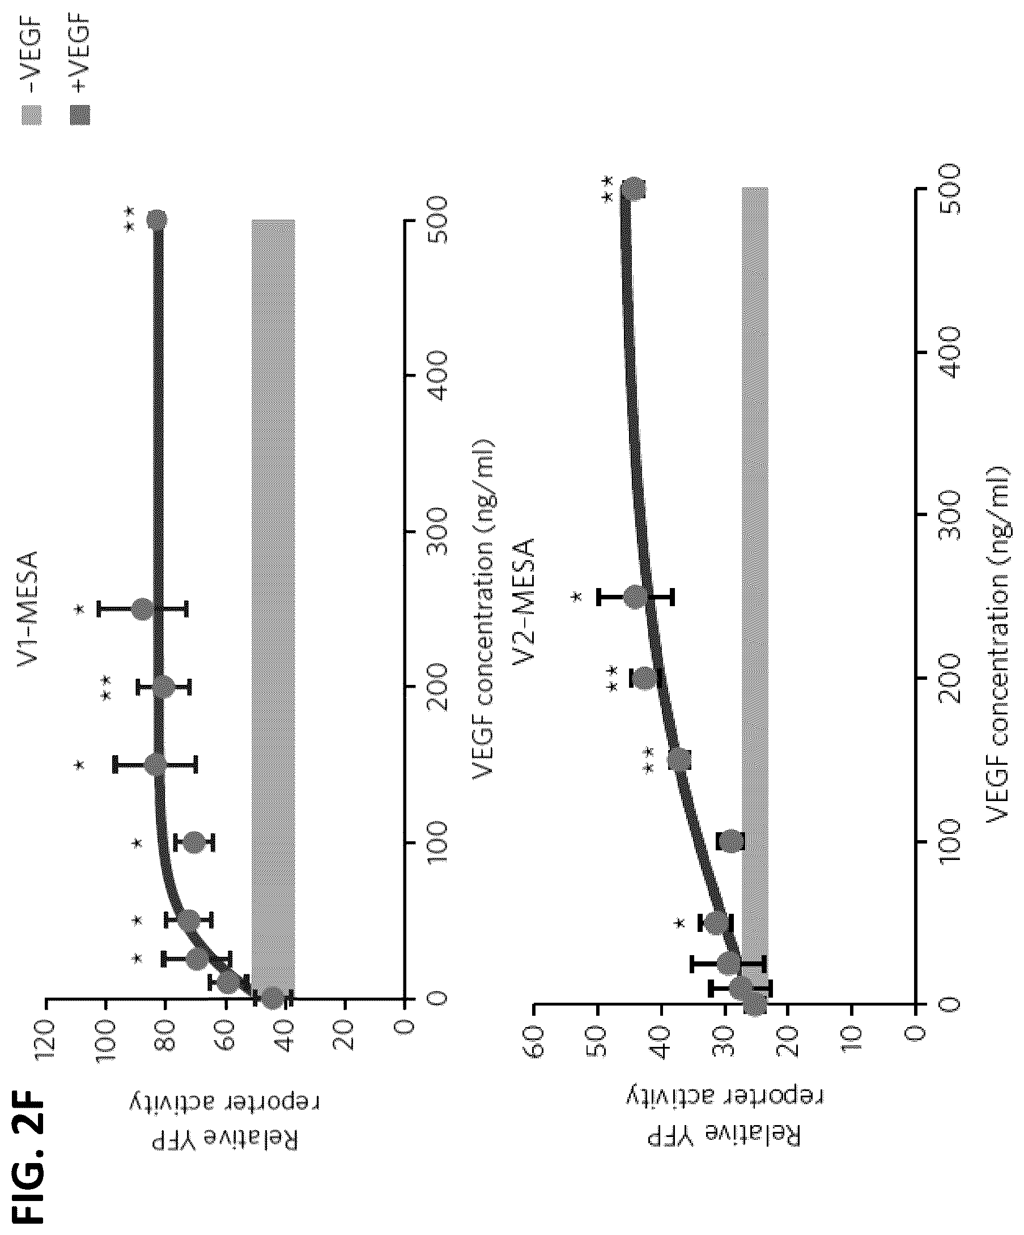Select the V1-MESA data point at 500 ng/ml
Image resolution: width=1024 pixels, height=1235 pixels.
coord(157,220)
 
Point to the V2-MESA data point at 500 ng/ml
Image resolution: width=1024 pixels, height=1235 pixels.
coord(634,188)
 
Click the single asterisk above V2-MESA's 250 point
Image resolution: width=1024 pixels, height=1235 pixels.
coord(577,597)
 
